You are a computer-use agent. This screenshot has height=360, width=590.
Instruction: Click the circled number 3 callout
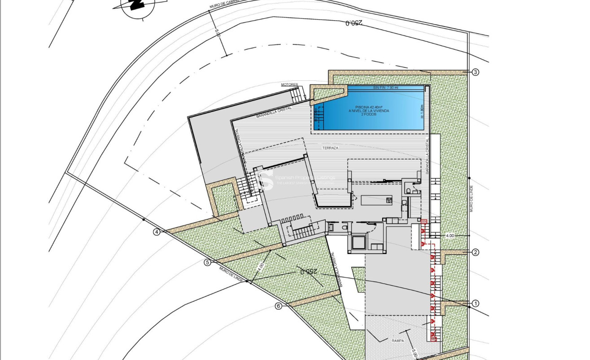pos(476,72)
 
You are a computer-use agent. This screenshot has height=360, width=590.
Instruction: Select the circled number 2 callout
pos(476,252)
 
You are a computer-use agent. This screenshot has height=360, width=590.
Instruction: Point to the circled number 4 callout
pos(157,232)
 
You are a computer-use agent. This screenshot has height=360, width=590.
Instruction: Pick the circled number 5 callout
pos(207,263)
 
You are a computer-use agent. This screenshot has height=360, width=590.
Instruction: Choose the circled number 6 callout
pos(279,306)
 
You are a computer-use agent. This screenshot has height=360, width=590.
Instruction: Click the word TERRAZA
pos(330,148)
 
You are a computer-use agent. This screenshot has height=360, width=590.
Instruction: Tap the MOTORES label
pos(289,84)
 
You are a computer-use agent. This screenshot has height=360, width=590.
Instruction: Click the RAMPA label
pos(398,341)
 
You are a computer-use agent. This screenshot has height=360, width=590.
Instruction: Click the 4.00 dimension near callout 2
pos(450,235)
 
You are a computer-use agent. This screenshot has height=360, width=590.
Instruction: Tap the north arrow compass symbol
pos(137,5)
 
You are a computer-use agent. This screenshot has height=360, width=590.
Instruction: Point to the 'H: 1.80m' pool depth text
pos(422,111)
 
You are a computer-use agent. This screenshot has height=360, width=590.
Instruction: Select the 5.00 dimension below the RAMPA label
pos(413,355)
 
